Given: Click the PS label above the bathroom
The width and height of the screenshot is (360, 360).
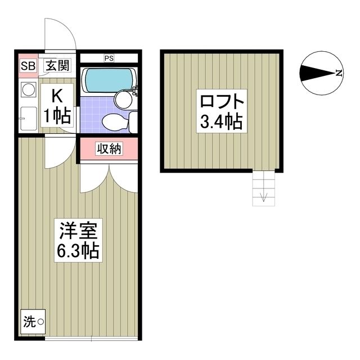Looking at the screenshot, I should pos(108,57).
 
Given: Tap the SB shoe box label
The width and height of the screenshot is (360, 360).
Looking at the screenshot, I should pos(28,66).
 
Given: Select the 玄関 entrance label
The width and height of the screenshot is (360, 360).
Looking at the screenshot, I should pos(57,66).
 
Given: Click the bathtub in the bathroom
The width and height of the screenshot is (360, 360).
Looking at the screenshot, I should pos(107,80).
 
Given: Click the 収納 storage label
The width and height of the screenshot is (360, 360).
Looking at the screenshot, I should pos(109,149).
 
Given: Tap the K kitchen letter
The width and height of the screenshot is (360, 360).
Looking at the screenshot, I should pos(57,96).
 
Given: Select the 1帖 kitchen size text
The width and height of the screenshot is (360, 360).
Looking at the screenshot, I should pos(57,115).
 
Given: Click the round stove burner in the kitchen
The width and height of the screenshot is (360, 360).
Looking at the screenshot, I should pos(27,89).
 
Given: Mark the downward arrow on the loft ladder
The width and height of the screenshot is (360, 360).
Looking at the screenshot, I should pos(263,197).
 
